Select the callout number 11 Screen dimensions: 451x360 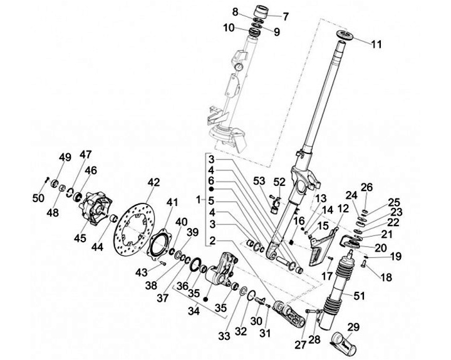(x=376, y=44)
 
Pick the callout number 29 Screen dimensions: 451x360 (x=353, y=326)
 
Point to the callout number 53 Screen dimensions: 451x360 (x=259, y=182)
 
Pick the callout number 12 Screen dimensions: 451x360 (x=342, y=208)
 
